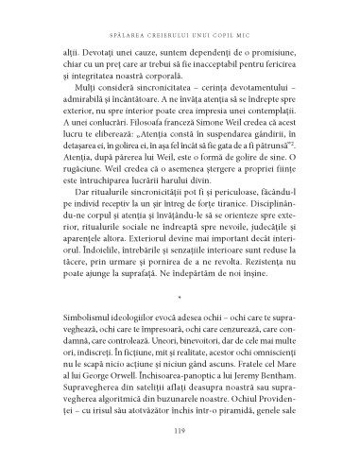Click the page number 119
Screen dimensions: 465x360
180,434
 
